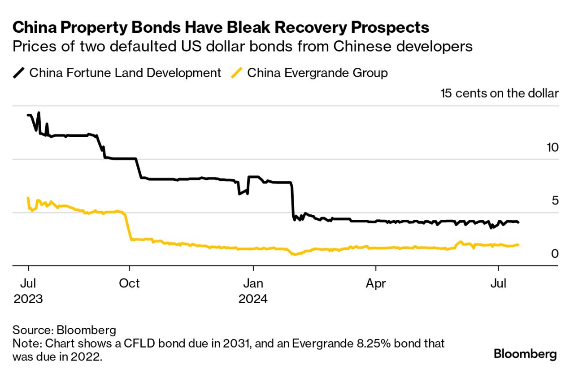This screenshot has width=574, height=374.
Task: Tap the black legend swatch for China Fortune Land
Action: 18,73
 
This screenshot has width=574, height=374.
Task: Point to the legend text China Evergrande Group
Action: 317,73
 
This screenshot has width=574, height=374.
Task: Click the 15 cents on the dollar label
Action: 500,93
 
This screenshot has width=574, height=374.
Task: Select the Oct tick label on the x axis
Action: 129,283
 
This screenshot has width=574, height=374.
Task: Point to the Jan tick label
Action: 253,283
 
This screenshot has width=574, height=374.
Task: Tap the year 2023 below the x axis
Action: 28,299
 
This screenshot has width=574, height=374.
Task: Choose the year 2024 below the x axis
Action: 253,299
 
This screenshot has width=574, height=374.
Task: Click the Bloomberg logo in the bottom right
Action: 525,354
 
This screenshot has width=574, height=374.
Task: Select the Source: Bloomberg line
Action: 64,331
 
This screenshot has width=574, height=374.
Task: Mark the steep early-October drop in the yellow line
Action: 127,226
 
